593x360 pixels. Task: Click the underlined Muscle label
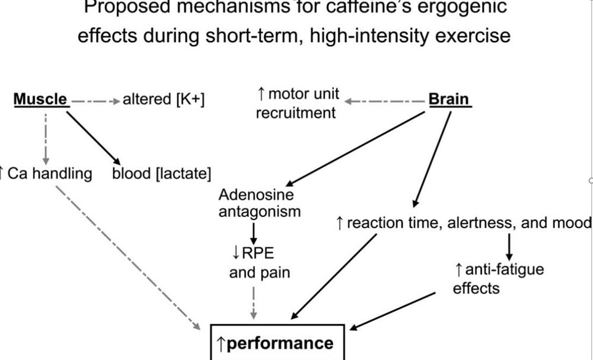(40, 100)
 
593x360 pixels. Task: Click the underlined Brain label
(449, 100)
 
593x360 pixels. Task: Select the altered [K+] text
(163, 100)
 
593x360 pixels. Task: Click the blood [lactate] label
(162, 173)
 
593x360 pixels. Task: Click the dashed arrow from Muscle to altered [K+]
(95, 100)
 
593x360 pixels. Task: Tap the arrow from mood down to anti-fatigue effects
(509, 244)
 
